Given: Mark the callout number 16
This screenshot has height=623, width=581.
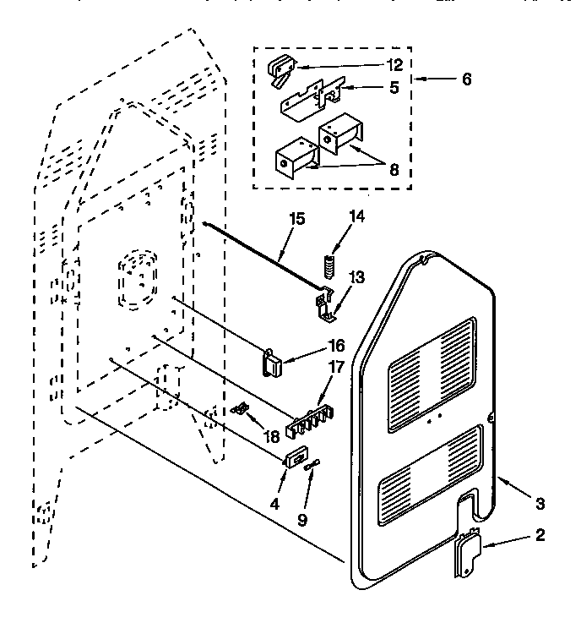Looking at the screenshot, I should [312, 345].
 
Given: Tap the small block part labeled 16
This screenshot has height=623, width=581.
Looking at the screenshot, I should [272, 363].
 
